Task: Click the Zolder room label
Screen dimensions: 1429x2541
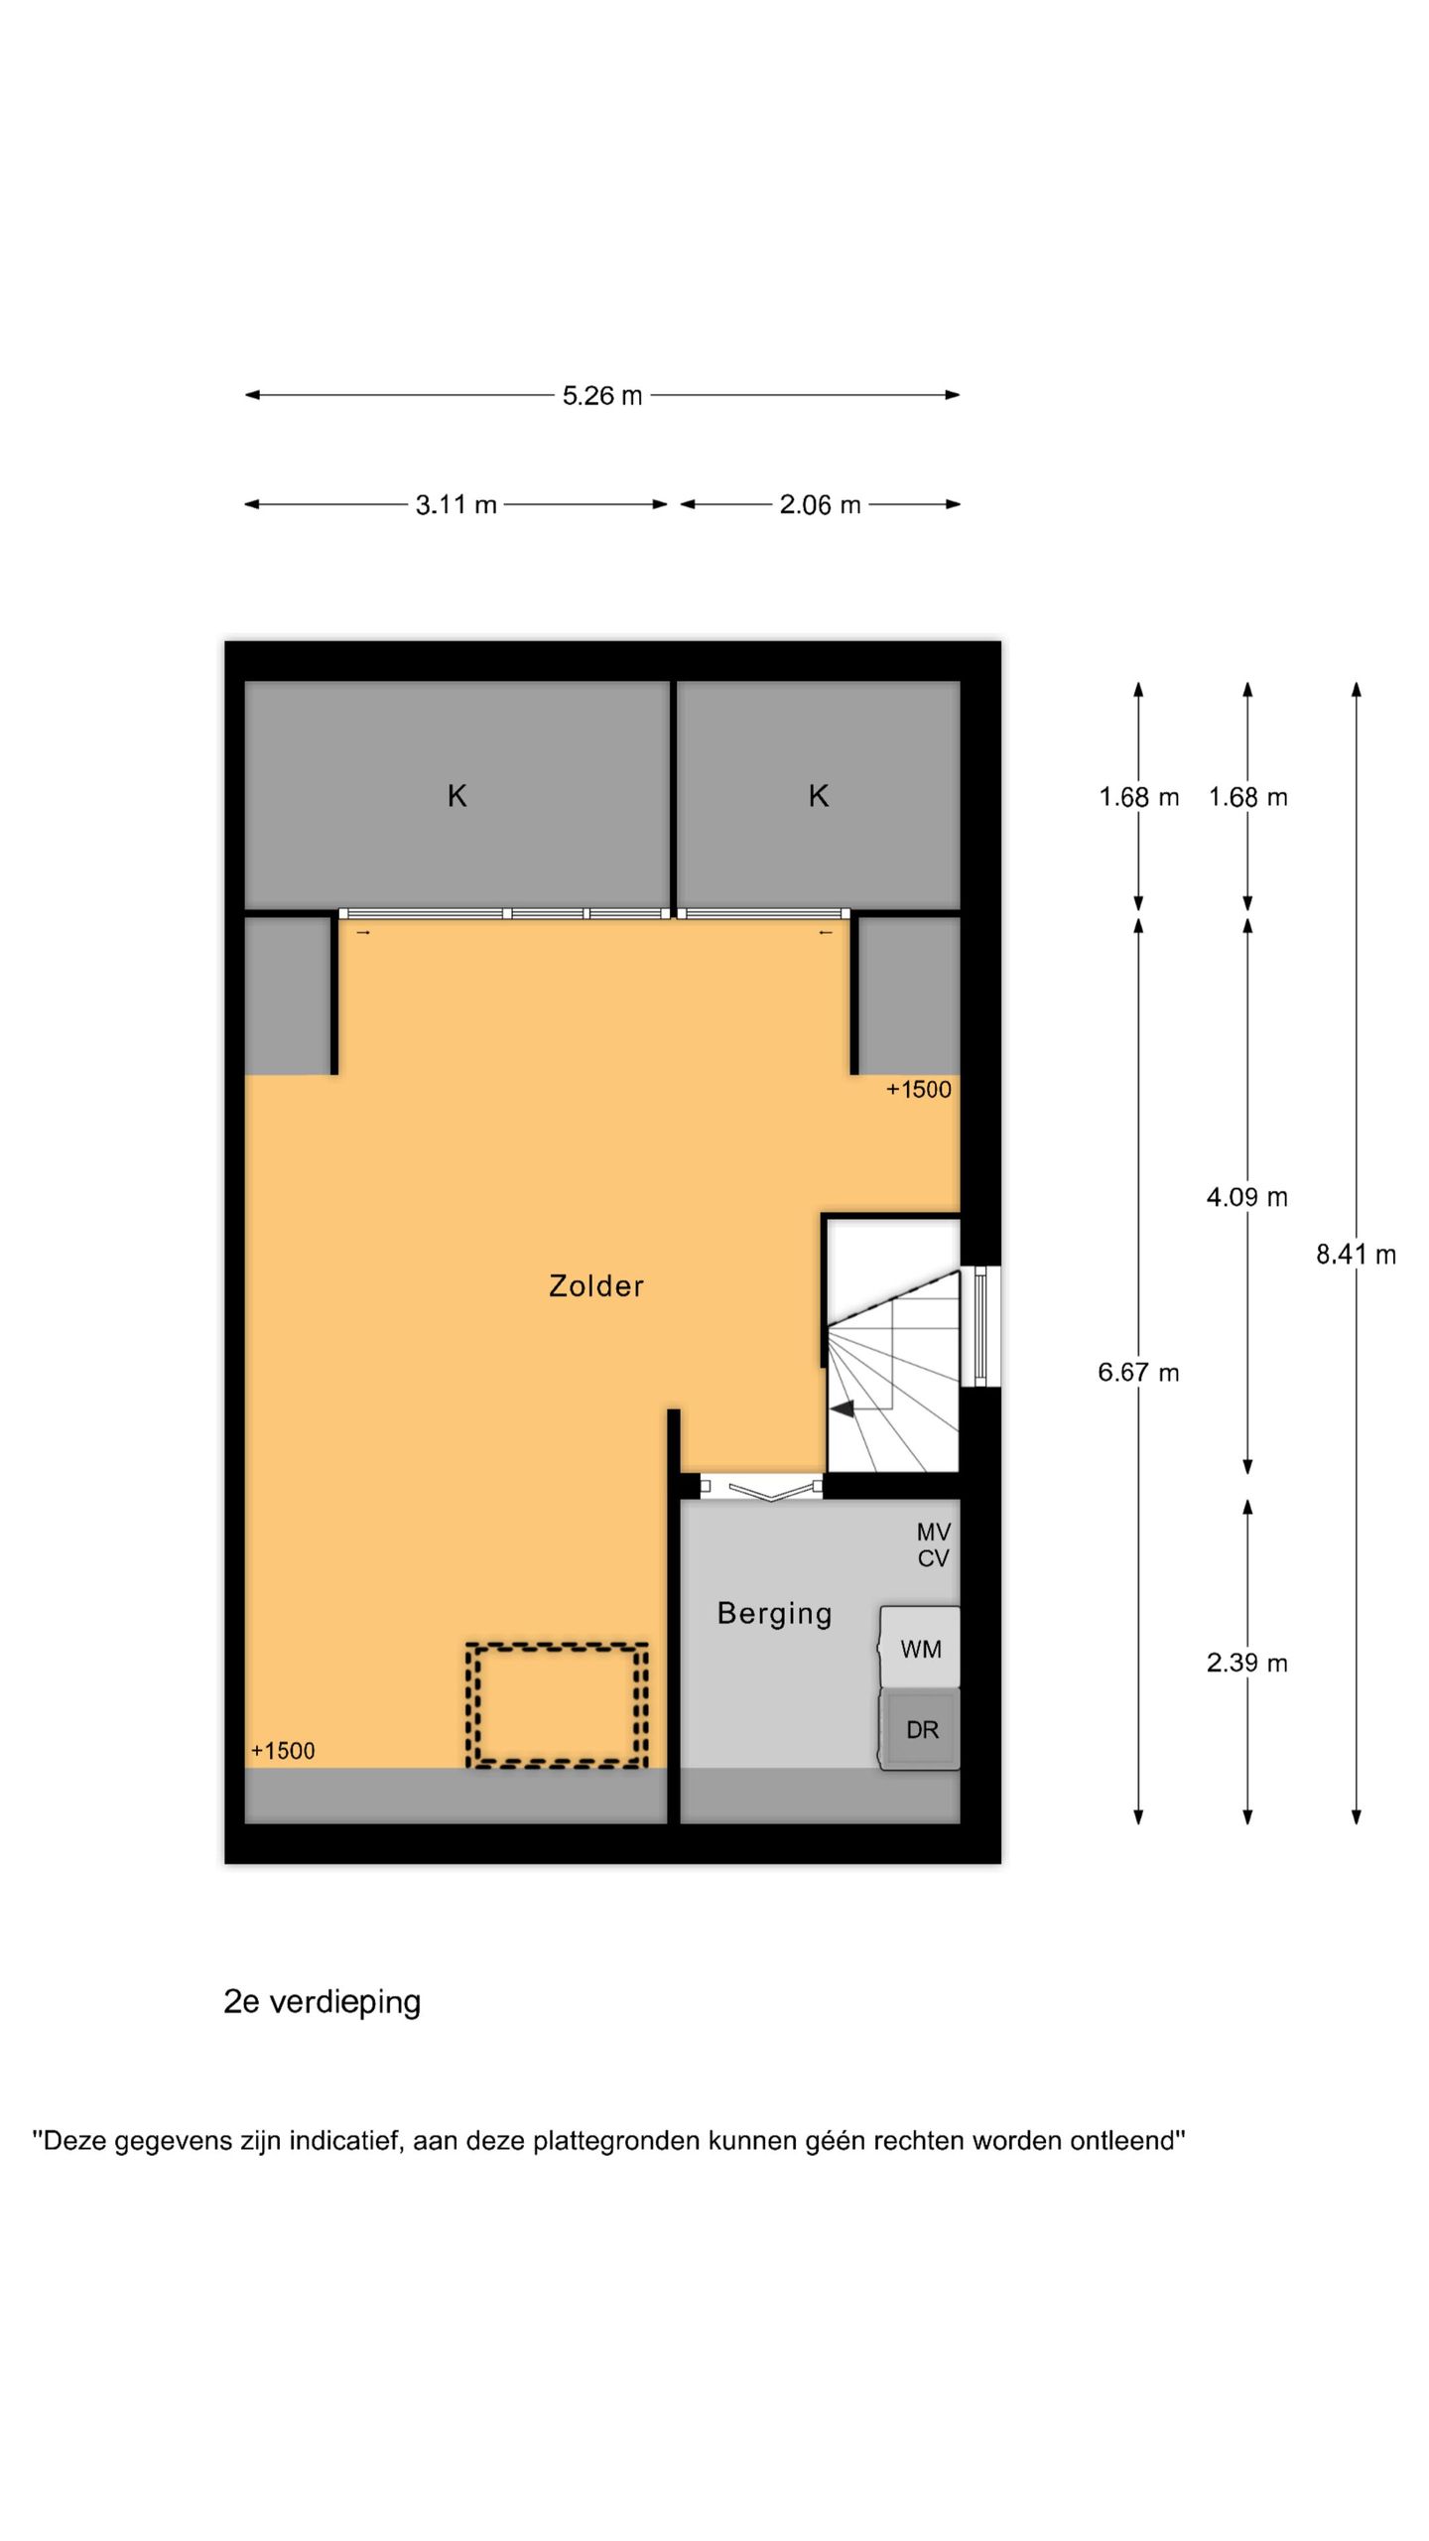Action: click(595, 1285)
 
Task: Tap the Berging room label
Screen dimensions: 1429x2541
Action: click(774, 1614)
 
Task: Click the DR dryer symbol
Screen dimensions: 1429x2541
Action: click(920, 1730)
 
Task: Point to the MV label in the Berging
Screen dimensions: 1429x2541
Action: click(933, 1533)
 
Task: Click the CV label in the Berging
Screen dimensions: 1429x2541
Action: click(933, 1558)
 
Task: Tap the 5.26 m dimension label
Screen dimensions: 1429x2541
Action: click(602, 395)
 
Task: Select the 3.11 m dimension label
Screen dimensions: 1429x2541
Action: click(455, 504)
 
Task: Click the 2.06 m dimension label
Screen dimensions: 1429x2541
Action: click(820, 504)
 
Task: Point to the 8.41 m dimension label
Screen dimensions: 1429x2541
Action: click(1356, 1255)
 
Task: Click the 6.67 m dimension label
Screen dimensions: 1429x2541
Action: click(1138, 1373)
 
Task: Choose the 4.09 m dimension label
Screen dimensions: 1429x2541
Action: click(1247, 1197)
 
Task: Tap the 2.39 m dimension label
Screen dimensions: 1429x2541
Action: click(1247, 1663)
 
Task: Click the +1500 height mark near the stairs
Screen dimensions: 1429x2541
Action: click(918, 1089)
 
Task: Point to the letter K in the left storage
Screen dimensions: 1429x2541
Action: click(456, 795)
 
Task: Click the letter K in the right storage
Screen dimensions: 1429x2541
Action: click(818, 795)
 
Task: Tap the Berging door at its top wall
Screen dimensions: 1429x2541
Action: click(761, 1486)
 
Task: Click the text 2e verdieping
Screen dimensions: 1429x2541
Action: click(323, 2001)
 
